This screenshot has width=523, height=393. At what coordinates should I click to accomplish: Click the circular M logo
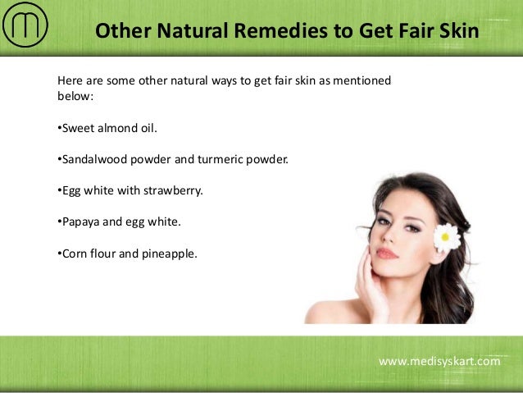25,26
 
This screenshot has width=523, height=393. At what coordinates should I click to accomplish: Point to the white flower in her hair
447,237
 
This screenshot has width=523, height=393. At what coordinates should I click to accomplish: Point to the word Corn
74,253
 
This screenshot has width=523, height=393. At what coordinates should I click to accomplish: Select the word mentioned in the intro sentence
363,81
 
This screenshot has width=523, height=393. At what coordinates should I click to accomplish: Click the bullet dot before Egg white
59,190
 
